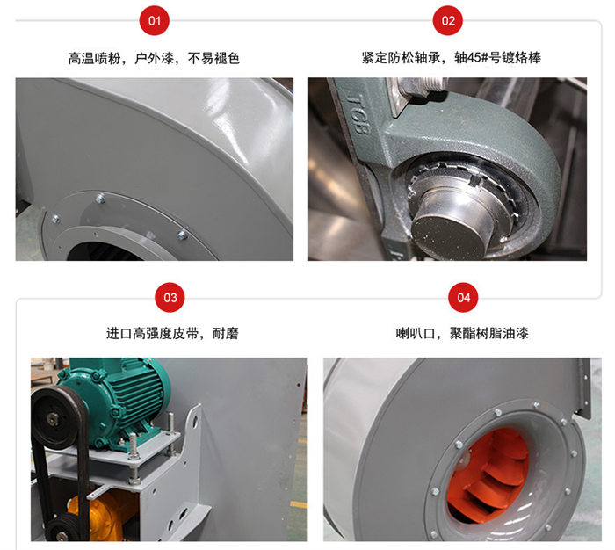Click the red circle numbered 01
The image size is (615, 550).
[x=154, y=20]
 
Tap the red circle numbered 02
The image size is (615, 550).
[x=447, y=20]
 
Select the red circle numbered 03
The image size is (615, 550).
[x=170, y=297]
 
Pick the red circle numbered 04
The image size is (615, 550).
[x=463, y=297]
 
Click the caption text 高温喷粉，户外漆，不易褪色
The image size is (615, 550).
[x=154, y=59]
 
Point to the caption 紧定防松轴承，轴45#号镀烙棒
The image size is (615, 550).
[x=451, y=58]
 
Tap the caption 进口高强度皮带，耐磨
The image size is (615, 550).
[x=172, y=334]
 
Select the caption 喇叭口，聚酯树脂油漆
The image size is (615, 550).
[x=462, y=334]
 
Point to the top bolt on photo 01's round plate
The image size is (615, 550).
[x=100, y=199]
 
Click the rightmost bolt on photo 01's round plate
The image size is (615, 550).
[x=182, y=235]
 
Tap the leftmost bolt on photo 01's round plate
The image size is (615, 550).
[x=56, y=220]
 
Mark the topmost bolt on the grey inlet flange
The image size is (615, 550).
[x=536, y=405]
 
